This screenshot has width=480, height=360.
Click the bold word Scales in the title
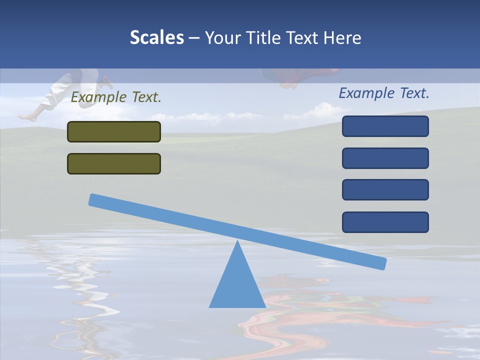pos(156,38)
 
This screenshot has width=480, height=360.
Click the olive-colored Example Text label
pos(116,97)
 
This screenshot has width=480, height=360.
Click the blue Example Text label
pos(384,93)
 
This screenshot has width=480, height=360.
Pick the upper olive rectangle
pos(114,132)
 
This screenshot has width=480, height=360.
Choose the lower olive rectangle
pos(114,163)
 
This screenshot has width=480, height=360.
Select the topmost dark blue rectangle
pos(385,126)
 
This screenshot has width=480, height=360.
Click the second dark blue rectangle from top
pos(385,158)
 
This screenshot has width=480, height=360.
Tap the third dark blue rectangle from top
pos(385,190)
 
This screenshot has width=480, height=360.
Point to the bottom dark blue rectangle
pos(385,222)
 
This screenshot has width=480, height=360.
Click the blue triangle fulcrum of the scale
pos(237,285)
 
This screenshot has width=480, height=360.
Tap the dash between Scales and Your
pos(194,38)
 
